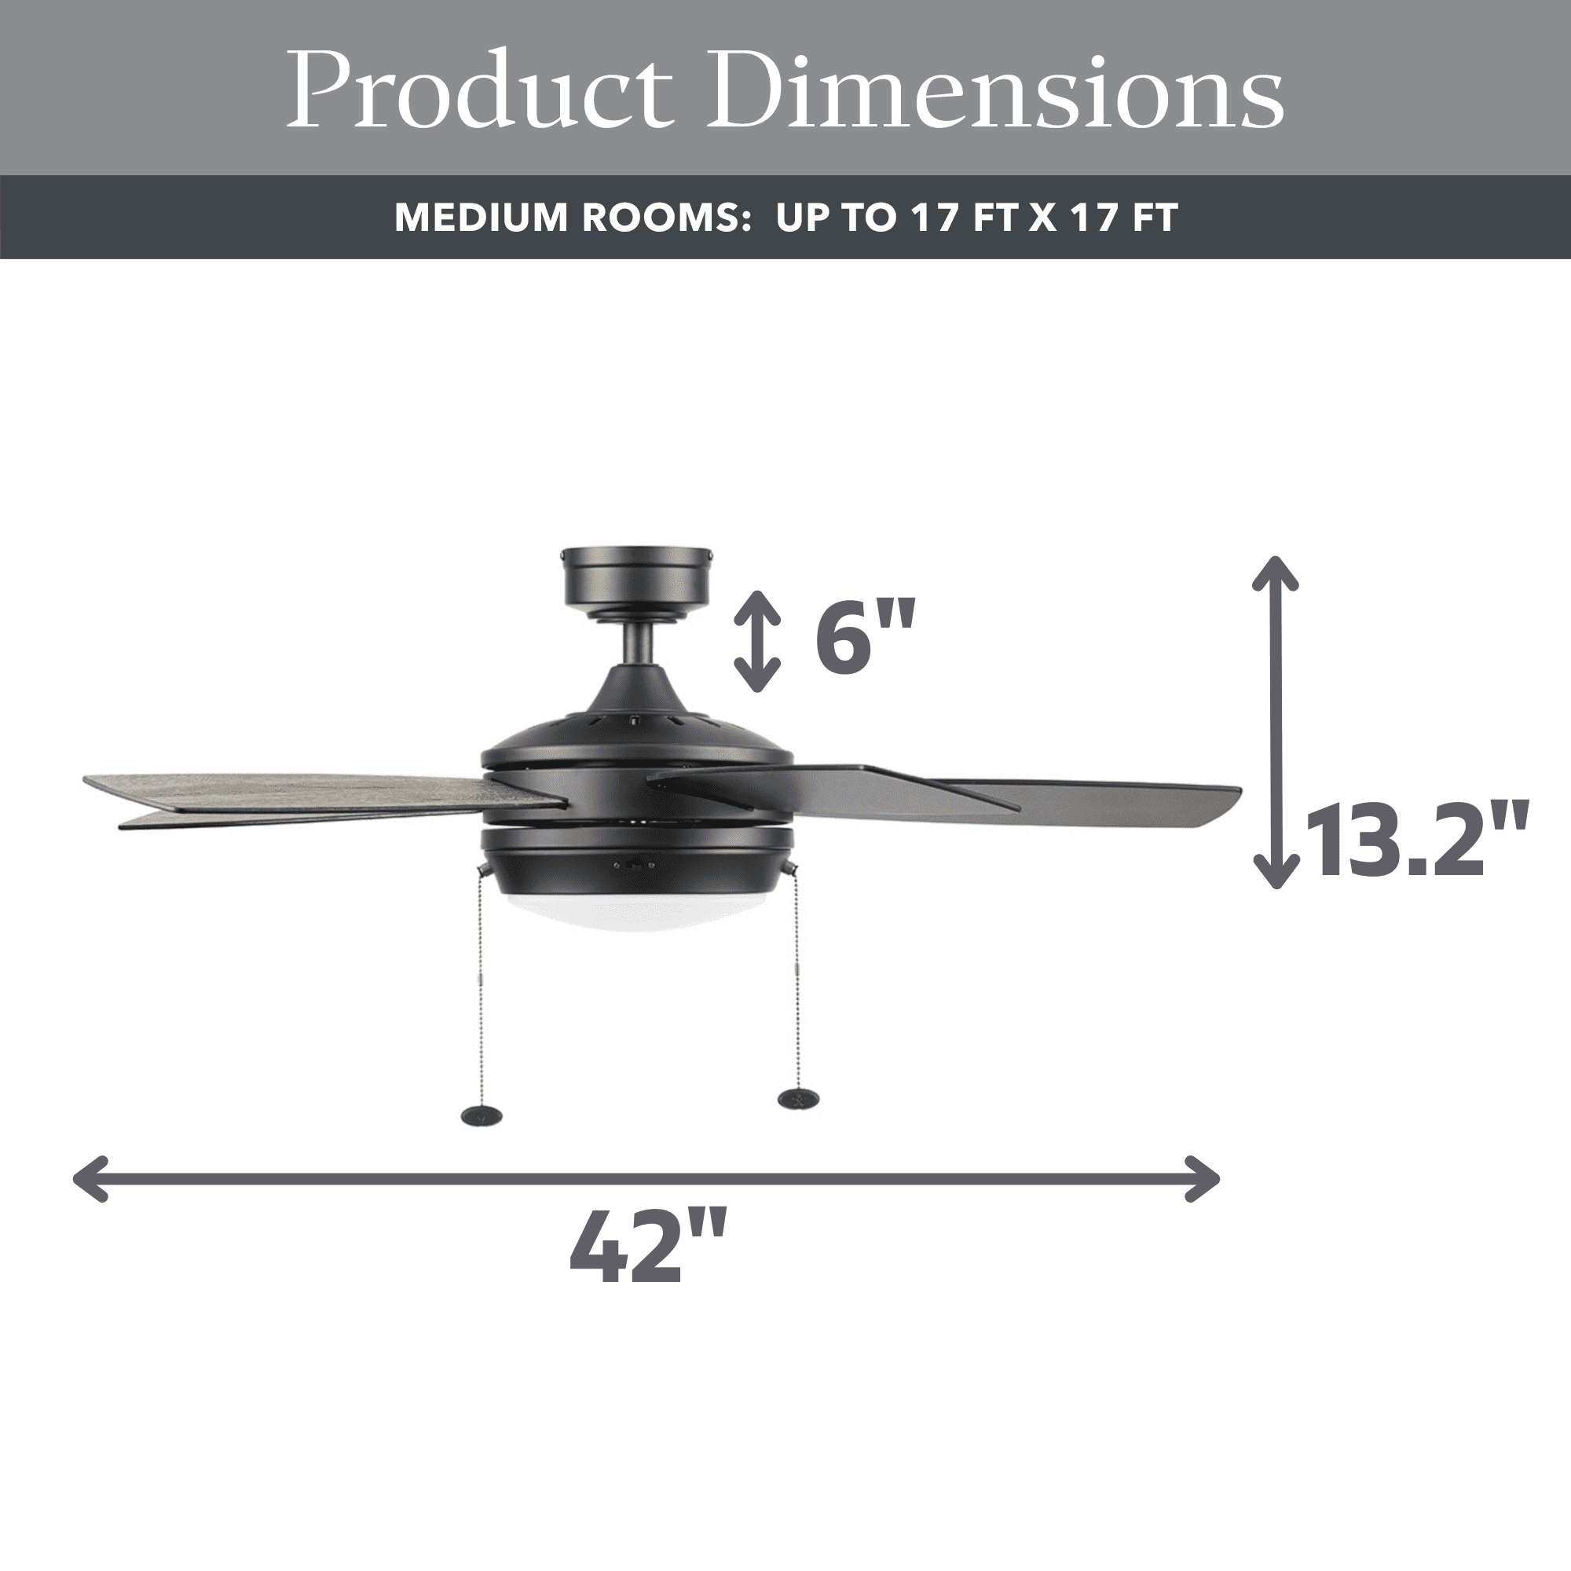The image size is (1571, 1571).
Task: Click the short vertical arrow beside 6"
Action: point(757,642)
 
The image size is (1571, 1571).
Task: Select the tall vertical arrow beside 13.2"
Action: point(1275,722)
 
